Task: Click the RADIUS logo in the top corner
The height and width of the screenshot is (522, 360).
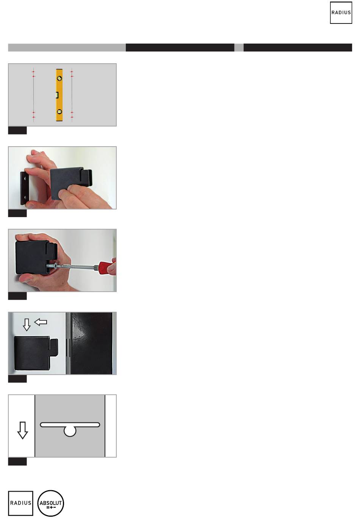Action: [x=341, y=13]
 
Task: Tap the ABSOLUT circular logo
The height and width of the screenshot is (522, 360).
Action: [x=51, y=503]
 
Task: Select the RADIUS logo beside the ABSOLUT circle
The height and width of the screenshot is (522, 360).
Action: [x=20, y=503]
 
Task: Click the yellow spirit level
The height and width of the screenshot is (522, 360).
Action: [x=59, y=95]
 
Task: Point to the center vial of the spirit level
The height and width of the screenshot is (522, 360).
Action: [x=57, y=95]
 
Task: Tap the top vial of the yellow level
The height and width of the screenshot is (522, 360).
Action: [x=59, y=78]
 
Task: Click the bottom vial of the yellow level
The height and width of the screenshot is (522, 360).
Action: [x=59, y=112]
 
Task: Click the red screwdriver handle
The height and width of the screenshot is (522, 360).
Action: [x=107, y=268]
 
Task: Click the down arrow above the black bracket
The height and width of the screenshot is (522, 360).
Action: [x=27, y=325]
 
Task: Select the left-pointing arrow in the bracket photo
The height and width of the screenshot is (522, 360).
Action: [x=41, y=322]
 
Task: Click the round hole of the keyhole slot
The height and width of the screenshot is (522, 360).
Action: [x=70, y=431]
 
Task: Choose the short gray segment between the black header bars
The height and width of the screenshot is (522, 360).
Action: [x=239, y=47]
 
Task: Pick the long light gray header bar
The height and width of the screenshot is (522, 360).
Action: [x=67, y=47]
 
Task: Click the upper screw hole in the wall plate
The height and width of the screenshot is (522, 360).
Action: [x=25, y=178]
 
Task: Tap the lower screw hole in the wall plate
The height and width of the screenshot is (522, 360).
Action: [x=25, y=197]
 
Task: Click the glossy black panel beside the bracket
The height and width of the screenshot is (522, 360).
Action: [x=91, y=343]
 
